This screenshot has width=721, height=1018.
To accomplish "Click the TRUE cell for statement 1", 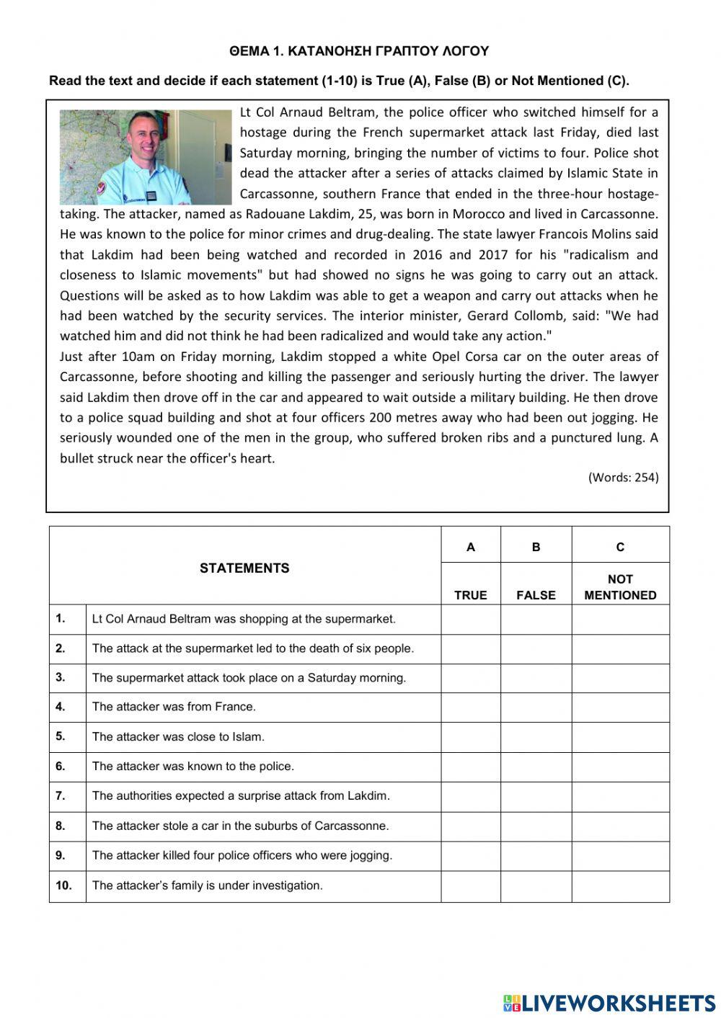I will click(x=470, y=619).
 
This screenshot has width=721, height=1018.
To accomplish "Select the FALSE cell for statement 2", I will click(x=536, y=648).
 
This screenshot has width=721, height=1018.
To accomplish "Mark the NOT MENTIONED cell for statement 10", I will click(x=620, y=886).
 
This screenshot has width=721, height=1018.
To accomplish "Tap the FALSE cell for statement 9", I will click(x=536, y=856).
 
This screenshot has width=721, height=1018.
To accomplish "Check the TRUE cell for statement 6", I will click(x=470, y=767).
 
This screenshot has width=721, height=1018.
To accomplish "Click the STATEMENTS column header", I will click(x=244, y=568).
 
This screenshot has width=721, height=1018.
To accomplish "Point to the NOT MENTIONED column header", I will click(x=620, y=586).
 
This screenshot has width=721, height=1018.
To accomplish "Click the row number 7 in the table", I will click(x=61, y=796).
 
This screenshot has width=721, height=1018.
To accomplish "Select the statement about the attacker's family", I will click(x=208, y=885).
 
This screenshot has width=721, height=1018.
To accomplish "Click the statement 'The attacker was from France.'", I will click(x=174, y=707).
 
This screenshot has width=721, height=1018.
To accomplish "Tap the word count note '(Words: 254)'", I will click(x=623, y=477).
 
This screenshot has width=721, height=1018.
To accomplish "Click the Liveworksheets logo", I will click(x=609, y=1002).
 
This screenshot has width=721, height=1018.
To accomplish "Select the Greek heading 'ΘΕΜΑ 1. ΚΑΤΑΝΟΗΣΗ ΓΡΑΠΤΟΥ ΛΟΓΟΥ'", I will click(x=359, y=51).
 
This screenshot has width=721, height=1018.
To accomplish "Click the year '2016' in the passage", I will click(x=428, y=254).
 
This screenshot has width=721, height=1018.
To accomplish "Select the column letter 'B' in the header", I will click(x=536, y=547).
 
